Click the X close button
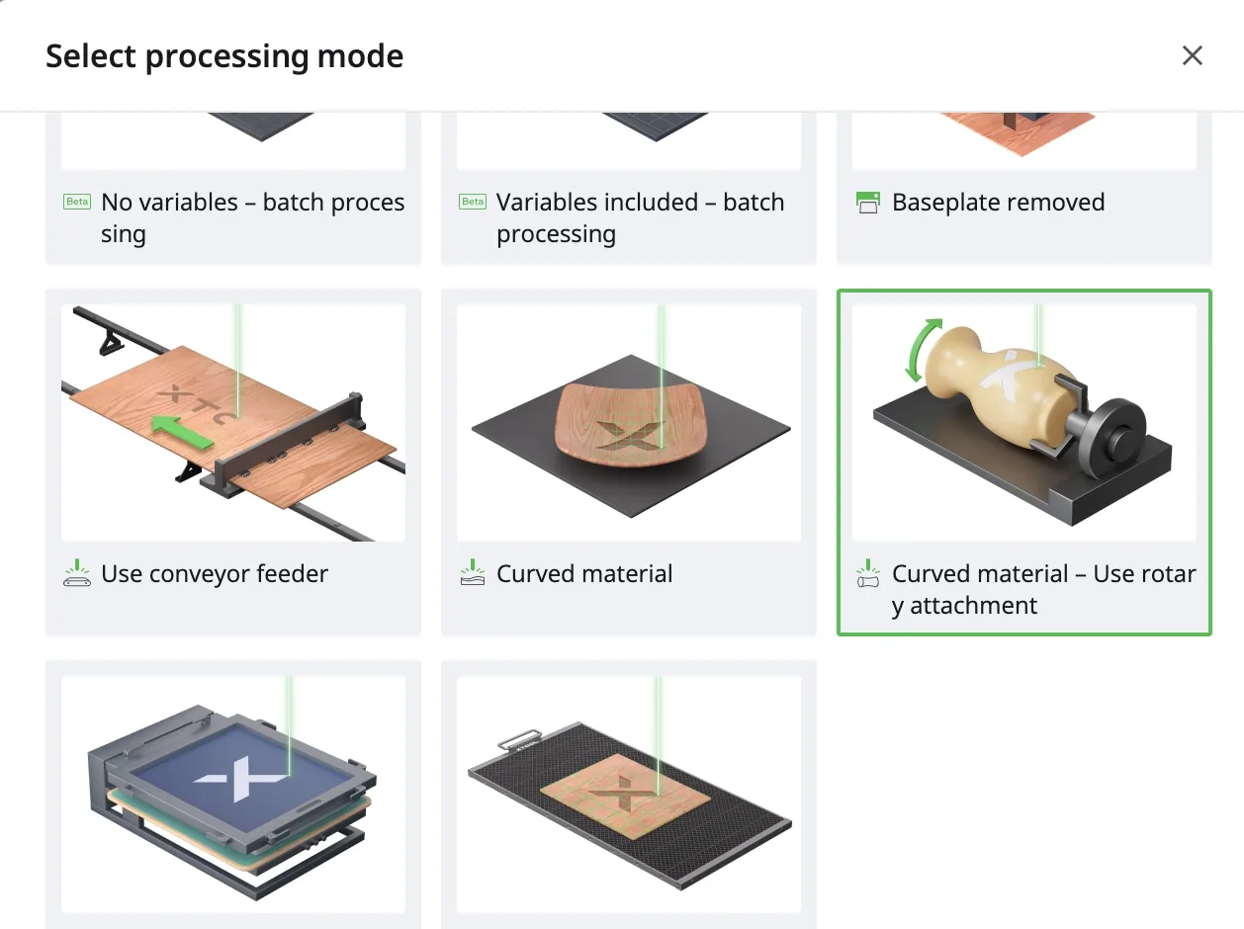tap(1192, 55)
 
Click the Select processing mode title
tap(224, 56)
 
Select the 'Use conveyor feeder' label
tap(215, 574)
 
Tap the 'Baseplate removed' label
tap(998, 203)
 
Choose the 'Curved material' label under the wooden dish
tap(584, 574)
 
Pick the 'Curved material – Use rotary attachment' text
tap(1043, 590)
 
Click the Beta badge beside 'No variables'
tap(77, 201)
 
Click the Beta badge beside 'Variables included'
tap(472, 201)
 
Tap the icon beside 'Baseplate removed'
tap(867, 203)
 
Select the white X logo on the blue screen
tap(241, 778)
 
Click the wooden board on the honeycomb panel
tap(625, 796)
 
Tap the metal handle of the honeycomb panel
tap(516, 738)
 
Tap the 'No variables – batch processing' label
tap(253, 218)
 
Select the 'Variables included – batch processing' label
tap(641, 218)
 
